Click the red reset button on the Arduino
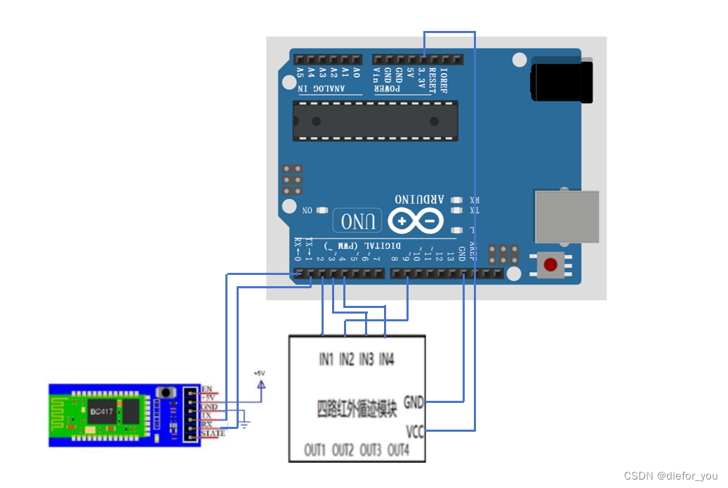click(x=551, y=265)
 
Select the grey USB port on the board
click(x=567, y=216)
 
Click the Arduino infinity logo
click(x=416, y=222)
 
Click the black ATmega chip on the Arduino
click(x=375, y=120)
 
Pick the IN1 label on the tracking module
click(x=326, y=359)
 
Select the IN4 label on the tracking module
click(x=387, y=359)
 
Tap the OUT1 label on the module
click(x=315, y=449)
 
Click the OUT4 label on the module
click(x=399, y=449)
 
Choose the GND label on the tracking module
click(x=413, y=402)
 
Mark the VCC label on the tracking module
click(x=415, y=431)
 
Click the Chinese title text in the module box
click(x=357, y=408)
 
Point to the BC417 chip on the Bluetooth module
click(x=98, y=411)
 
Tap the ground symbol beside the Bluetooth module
click(x=245, y=425)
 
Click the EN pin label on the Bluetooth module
click(x=207, y=389)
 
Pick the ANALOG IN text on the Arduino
click(x=320, y=89)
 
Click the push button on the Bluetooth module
click(x=166, y=392)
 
